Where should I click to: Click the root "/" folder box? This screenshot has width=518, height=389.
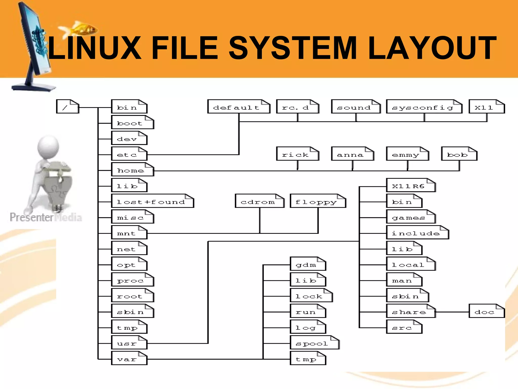[x=68, y=107]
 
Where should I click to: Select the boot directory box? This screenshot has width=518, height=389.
[x=133, y=122]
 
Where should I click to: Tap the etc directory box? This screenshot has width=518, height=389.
[x=129, y=154]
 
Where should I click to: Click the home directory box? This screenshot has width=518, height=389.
[x=133, y=169]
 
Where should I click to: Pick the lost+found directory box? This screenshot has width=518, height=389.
[x=153, y=201]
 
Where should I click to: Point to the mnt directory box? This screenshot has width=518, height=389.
[x=129, y=232]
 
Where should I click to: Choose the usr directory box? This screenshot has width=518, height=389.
[x=129, y=343]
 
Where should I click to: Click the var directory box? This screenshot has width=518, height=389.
[x=129, y=358]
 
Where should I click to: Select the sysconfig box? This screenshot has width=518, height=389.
[x=424, y=107]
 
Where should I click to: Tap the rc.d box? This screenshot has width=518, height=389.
[x=297, y=107]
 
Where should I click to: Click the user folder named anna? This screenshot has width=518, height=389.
[x=353, y=154]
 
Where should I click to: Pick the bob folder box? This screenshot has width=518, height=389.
[x=459, y=154]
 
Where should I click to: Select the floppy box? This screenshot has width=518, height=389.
[x=318, y=201]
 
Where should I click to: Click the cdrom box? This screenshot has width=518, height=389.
[x=260, y=201]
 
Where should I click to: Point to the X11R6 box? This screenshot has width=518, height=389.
[x=411, y=185]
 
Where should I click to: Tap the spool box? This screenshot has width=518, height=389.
[x=314, y=343]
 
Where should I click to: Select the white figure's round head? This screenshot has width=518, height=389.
[x=48, y=146]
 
